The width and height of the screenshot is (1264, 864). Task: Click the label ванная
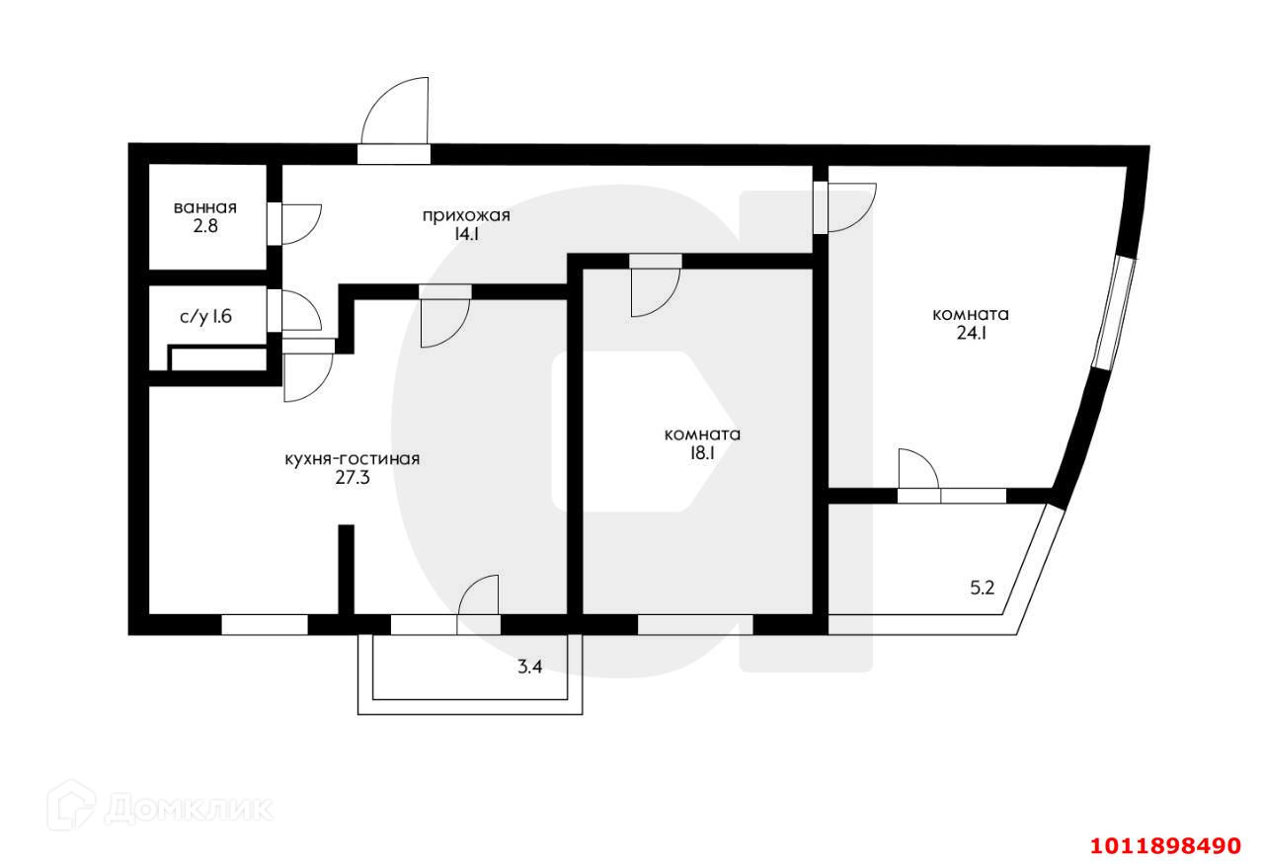tap(204, 207)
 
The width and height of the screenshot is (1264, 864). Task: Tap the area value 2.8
tap(204, 225)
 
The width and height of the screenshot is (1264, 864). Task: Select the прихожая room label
tap(466, 216)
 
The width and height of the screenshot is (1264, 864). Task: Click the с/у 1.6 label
tap(206, 317)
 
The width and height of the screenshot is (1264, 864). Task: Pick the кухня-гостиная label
tap(353, 459)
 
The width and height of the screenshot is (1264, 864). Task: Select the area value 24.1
tap(971, 334)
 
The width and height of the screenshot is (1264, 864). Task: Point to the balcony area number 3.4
tap(530, 667)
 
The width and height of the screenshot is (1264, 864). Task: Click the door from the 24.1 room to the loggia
tap(917, 473)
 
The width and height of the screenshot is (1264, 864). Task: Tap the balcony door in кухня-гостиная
tap(480, 600)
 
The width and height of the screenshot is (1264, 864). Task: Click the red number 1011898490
tap(1163, 846)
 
